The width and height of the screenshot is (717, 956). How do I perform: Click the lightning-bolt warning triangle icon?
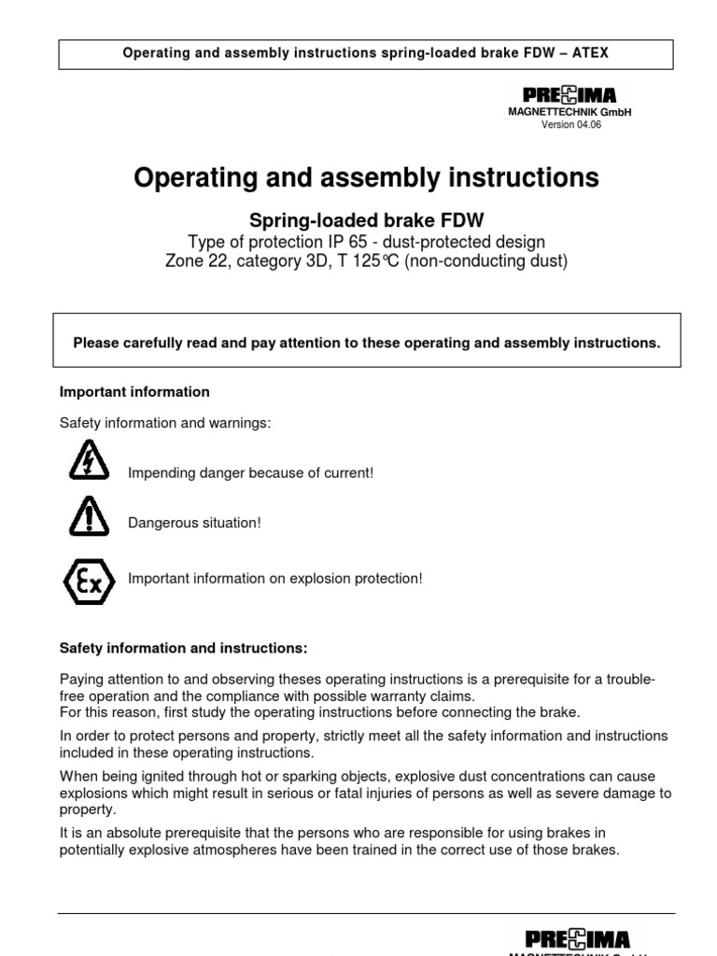click(89, 459)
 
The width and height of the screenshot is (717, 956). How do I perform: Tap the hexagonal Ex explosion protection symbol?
click(89, 579)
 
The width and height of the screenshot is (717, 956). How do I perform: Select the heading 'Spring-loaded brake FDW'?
click(365, 220)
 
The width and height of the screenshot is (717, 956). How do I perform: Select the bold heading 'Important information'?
click(134, 391)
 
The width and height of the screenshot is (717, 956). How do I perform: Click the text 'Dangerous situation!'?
click(194, 523)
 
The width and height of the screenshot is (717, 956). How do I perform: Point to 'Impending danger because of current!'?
click(250, 473)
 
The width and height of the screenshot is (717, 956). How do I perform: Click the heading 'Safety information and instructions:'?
click(183, 647)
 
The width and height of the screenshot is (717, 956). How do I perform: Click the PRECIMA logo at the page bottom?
click(576, 938)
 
